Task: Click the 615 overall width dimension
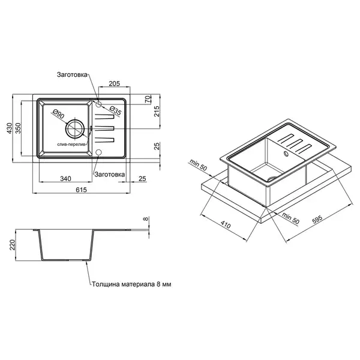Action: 82,190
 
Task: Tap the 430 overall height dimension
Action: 10,128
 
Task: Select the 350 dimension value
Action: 18,128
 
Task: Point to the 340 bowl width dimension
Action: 65,178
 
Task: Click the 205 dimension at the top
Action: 115,83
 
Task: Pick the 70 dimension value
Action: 149,99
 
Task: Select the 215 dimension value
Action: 157,112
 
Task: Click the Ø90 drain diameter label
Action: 58,114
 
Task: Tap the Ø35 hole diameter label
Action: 115,110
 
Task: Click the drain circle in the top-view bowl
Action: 75,128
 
